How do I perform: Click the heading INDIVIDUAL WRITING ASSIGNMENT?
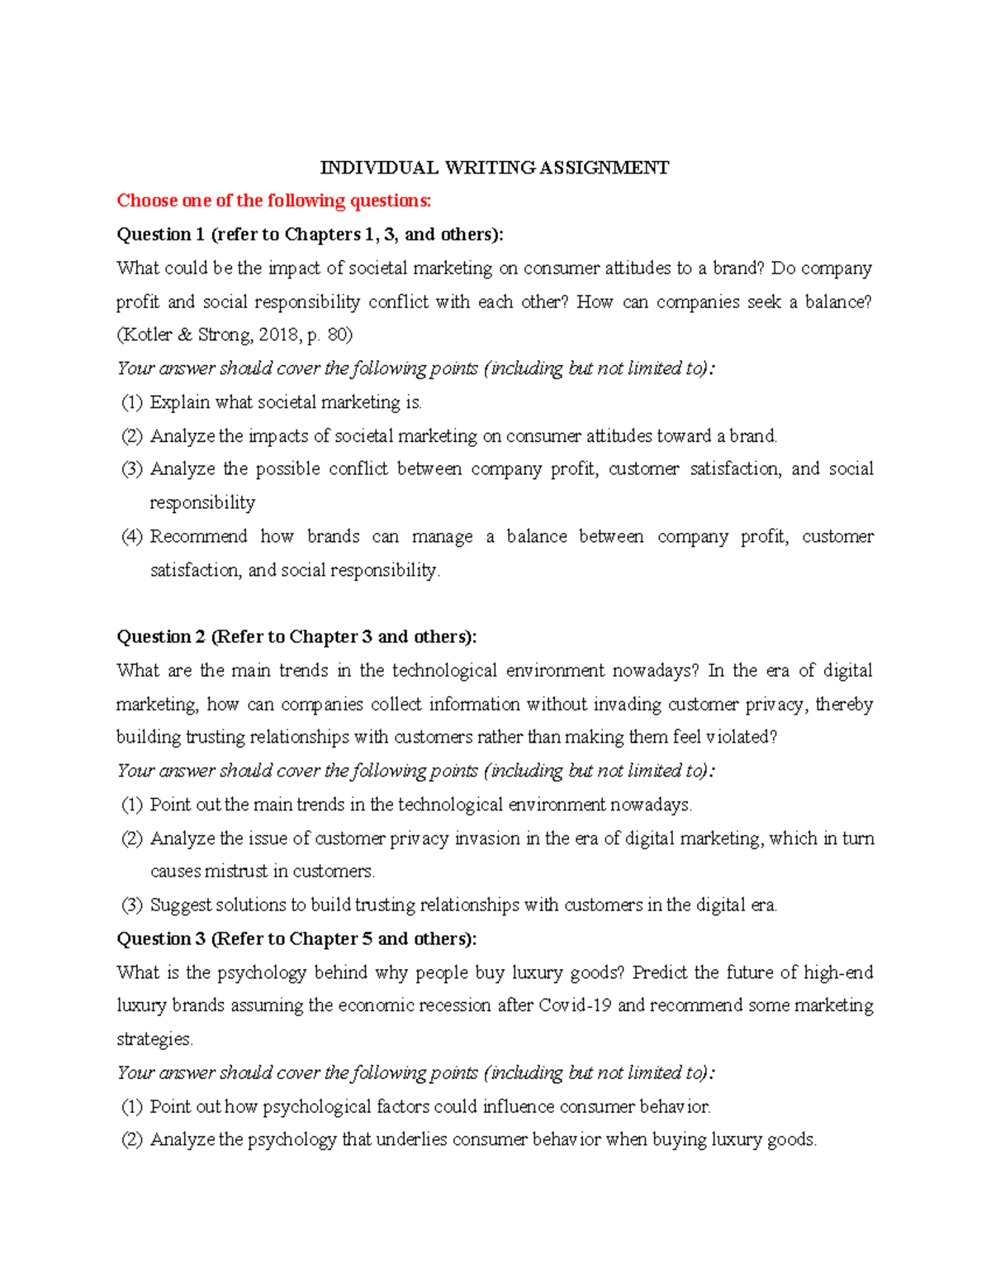point(495,168)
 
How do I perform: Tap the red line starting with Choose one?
point(273,201)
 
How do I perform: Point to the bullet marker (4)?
point(132,537)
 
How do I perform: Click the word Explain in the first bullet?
point(179,403)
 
